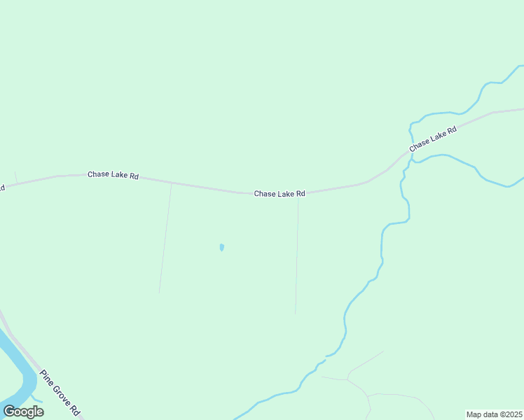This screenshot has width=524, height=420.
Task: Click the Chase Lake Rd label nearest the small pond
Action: pos(280,194)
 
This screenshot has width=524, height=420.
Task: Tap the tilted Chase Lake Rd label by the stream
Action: pos(433,139)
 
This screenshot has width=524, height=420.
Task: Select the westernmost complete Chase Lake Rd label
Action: pos(113,175)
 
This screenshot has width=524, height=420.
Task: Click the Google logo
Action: pos(23,412)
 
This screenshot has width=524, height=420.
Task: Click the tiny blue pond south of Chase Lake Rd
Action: pos(221,247)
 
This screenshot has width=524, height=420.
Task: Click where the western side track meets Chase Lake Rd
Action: pos(172,183)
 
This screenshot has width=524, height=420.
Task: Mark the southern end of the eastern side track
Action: pos(296,313)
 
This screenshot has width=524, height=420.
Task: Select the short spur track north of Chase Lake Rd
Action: pos(15,176)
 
